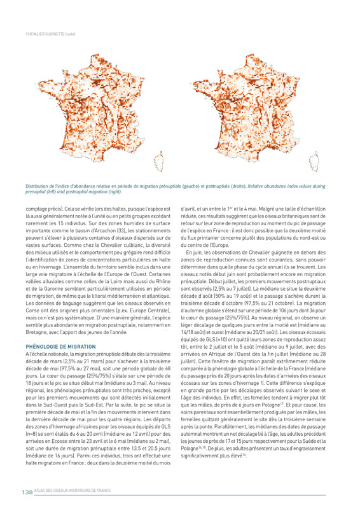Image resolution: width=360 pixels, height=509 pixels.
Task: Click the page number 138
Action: click(x=27, y=491)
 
